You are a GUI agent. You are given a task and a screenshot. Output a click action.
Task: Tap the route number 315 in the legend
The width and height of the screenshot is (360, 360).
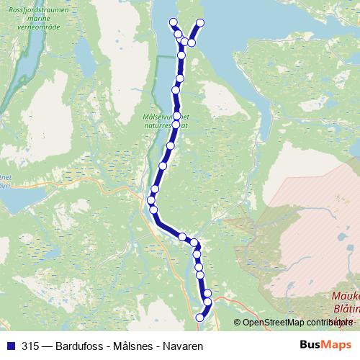tap(30, 346)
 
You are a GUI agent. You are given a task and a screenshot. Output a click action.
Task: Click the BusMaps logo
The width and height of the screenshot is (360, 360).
tap(325, 346)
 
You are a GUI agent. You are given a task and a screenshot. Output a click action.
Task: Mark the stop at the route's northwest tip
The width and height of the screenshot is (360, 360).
tap(173, 22)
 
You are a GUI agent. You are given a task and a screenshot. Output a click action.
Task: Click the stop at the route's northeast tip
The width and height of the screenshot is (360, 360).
tap(200, 23)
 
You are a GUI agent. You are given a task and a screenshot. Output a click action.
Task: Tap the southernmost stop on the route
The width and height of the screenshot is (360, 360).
tap(200, 318)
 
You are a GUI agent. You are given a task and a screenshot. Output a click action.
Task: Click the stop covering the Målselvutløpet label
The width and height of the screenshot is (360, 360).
tap(177, 115)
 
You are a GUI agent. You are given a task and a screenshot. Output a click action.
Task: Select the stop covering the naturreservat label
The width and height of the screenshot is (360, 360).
tap(176, 125)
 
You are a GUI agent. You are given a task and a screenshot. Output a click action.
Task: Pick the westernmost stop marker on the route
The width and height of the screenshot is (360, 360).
tap(151, 200)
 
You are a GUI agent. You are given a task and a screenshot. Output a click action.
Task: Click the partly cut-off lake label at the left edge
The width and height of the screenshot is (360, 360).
tap(6, 179)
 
